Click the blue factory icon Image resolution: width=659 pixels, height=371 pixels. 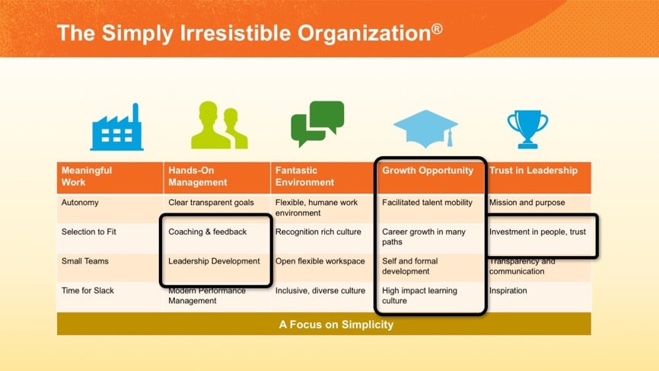point(117,127)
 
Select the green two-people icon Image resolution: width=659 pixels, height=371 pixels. point(219,125)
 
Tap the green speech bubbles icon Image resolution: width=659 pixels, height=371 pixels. point(317,123)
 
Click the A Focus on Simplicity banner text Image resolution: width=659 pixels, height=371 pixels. point(336,325)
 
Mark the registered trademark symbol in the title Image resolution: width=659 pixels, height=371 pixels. point(437,29)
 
